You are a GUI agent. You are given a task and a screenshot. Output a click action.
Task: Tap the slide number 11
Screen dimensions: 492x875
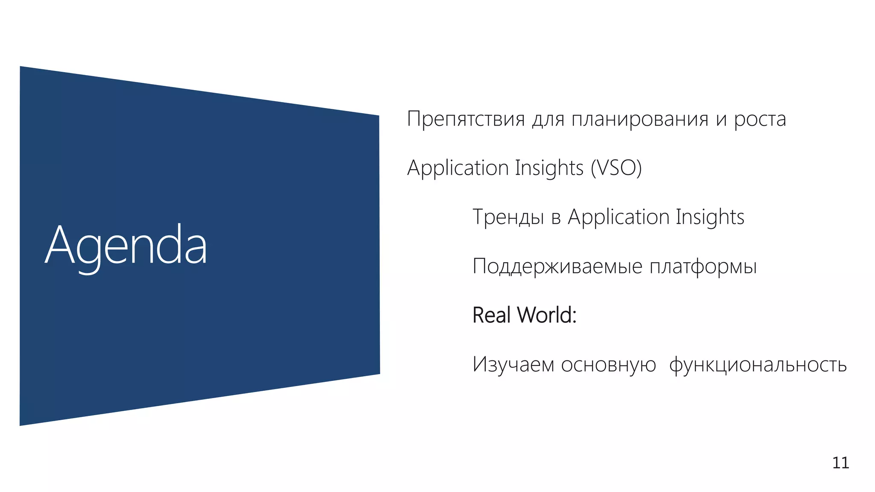(840, 463)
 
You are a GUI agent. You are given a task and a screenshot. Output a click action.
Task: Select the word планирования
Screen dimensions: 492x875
(640, 119)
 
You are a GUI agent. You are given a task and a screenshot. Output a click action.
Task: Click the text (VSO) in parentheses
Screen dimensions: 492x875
(616, 168)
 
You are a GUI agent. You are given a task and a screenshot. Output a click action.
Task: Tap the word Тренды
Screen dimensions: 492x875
(508, 217)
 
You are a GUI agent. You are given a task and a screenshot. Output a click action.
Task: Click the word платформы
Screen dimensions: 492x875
(703, 266)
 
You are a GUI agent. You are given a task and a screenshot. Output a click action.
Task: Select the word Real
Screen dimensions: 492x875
(492, 315)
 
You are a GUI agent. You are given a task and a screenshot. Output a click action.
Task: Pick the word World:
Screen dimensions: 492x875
(546, 315)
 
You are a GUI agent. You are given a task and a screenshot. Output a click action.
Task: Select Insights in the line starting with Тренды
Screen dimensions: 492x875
(710, 217)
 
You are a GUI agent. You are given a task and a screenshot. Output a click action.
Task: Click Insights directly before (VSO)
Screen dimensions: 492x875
(549, 168)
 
